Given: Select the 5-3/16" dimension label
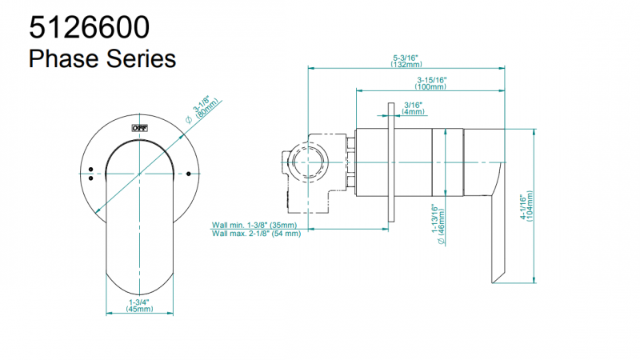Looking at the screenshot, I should [407, 58].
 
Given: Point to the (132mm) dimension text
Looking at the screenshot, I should [407, 65].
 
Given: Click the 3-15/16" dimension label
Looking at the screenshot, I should [432, 79].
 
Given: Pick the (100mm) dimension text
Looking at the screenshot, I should [432, 86].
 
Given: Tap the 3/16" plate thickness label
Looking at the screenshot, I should [413, 105].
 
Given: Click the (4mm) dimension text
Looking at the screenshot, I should [413, 112].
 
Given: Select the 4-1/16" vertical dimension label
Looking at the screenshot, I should [522, 206].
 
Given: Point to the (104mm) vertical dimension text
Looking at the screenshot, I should [530, 206].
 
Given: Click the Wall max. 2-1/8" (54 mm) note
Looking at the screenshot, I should [256, 234].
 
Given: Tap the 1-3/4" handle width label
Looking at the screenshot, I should [140, 302].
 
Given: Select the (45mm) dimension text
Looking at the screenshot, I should [140, 310].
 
